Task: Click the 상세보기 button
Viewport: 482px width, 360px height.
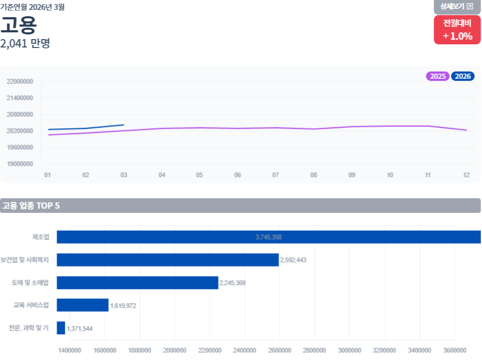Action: pyautogui.click(x=457, y=6)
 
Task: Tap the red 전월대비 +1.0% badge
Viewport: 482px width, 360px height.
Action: pyautogui.click(x=457, y=30)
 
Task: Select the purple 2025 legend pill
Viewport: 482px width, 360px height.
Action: pyautogui.click(x=438, y=76)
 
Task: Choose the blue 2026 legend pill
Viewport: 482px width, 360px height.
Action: pyautogui.click(x=463, y=76)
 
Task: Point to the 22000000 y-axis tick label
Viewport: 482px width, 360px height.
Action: pyautogui.click(x=20, y=81)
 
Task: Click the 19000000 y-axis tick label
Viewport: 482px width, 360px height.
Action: pyautogui.click(x=20, y=164)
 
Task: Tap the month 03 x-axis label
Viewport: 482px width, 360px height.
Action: pyautogui.click(x=124, y=175)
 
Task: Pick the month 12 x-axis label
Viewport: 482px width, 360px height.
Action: pyautogui.click(x=466, y=175)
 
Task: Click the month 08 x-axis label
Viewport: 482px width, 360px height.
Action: pyautogui.click(x=314, y=175)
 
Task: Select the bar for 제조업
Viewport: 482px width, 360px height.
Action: pyautogui.click(x=269, y=237)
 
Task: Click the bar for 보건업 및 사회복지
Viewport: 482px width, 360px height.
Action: pyautogui.click(x=168, y=260)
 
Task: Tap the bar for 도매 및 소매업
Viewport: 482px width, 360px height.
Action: pyautogui.click(x=137, y=283)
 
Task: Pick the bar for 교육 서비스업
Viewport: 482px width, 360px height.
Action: pyautogui.click(x=83, y=305)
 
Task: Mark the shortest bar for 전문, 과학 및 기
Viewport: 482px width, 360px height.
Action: pyautogui.click(x=61, y=328)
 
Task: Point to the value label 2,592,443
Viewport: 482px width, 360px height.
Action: pyautogui.click(x=293, y=260)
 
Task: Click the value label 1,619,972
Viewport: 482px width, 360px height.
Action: pyautogui.click(x=123, y=306)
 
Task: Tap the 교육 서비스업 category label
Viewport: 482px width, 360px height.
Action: pyautogui.click(x=31, y=305)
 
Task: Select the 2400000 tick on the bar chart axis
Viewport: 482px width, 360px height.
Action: pyautogui.click(x=244, y=351)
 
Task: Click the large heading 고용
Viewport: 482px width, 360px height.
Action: pyautogui.click(x=18, y=25)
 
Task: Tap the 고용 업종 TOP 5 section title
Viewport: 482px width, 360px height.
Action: pyautogui.click(x=31, y=206)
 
